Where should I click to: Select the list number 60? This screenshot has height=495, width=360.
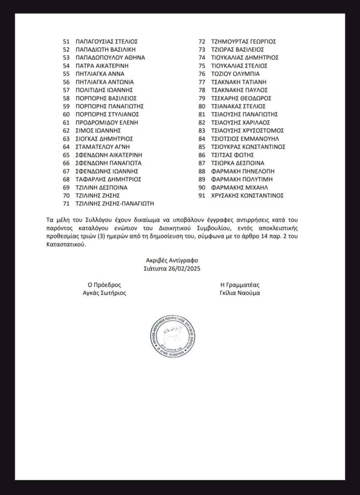coord(67,114)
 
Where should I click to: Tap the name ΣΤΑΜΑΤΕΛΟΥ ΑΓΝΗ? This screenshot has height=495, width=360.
coord(103,146)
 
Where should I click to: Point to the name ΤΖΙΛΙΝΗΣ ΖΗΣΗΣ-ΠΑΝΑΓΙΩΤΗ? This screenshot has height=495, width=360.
coord(118,204)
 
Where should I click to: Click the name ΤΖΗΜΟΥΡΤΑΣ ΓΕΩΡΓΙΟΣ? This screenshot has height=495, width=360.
coord(247,41)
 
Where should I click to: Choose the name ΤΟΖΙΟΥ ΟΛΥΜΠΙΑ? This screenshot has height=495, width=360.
coord(235,73)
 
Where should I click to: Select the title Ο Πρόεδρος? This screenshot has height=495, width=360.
coord(103,284)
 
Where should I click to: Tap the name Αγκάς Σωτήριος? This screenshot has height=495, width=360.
coord(103,292)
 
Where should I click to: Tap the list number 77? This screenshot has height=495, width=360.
coord(202,82)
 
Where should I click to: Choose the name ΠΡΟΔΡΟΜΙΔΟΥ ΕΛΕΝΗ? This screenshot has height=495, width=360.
coord(107,122)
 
